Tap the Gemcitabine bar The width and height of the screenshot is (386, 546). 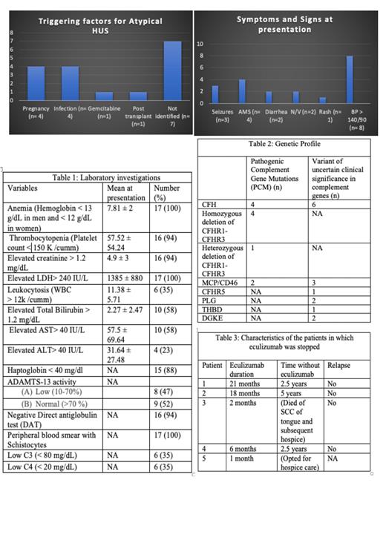coord(104,96)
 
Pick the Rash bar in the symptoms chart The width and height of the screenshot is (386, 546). coord(322,100)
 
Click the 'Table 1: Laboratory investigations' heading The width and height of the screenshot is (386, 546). coord(96,177)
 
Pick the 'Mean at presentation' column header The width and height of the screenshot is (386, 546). coord(125,193)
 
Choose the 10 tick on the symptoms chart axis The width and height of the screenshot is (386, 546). coord(200,45)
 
